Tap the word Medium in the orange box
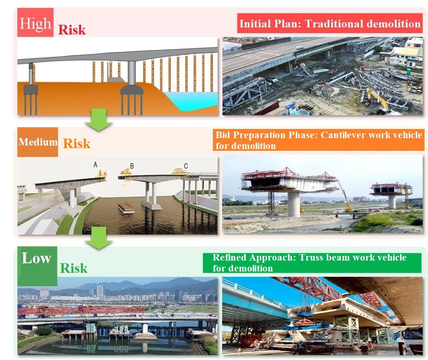pos(38,142)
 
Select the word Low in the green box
pos(36,258)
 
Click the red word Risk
pos(72,30)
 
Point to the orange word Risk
pos(77,143)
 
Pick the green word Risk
pos(74,268)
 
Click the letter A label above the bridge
pos(95,164)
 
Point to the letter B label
pos(132,166)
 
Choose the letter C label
pos(186,166)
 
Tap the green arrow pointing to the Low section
pos(99,238)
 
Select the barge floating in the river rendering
pos(126,208)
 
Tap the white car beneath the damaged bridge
pos(273,79)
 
